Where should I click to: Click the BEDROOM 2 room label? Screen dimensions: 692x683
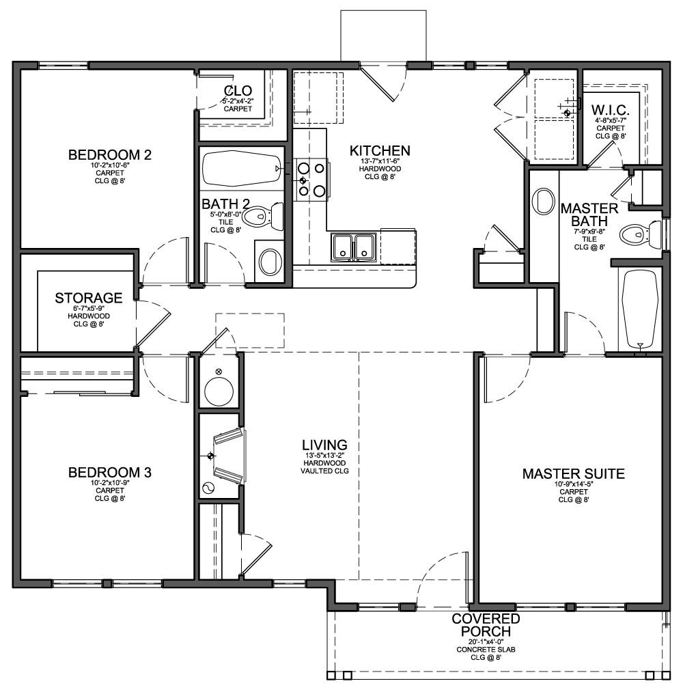click(x=109, y=154)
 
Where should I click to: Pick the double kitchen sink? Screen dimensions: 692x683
click(x=353, y=247)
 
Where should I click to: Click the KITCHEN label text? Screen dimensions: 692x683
click(x=380, y=150)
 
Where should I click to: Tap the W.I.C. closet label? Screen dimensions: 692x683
click(x=611, y=110)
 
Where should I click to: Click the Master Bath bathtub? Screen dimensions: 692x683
click(x=640, y=309)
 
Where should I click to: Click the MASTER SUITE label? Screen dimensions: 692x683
click(x=573, y=473)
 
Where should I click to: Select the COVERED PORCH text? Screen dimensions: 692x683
click(x=486, y=624)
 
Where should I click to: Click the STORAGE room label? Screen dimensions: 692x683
click(x=89, y=298)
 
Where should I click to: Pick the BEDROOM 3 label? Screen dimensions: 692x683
click(x=109, y=472)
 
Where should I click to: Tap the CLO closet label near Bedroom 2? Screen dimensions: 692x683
click(x=238, y=91)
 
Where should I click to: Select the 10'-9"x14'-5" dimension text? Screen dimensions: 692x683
click(x=573, y=485)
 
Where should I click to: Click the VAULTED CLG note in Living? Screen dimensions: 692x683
click(x=324, y=471)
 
